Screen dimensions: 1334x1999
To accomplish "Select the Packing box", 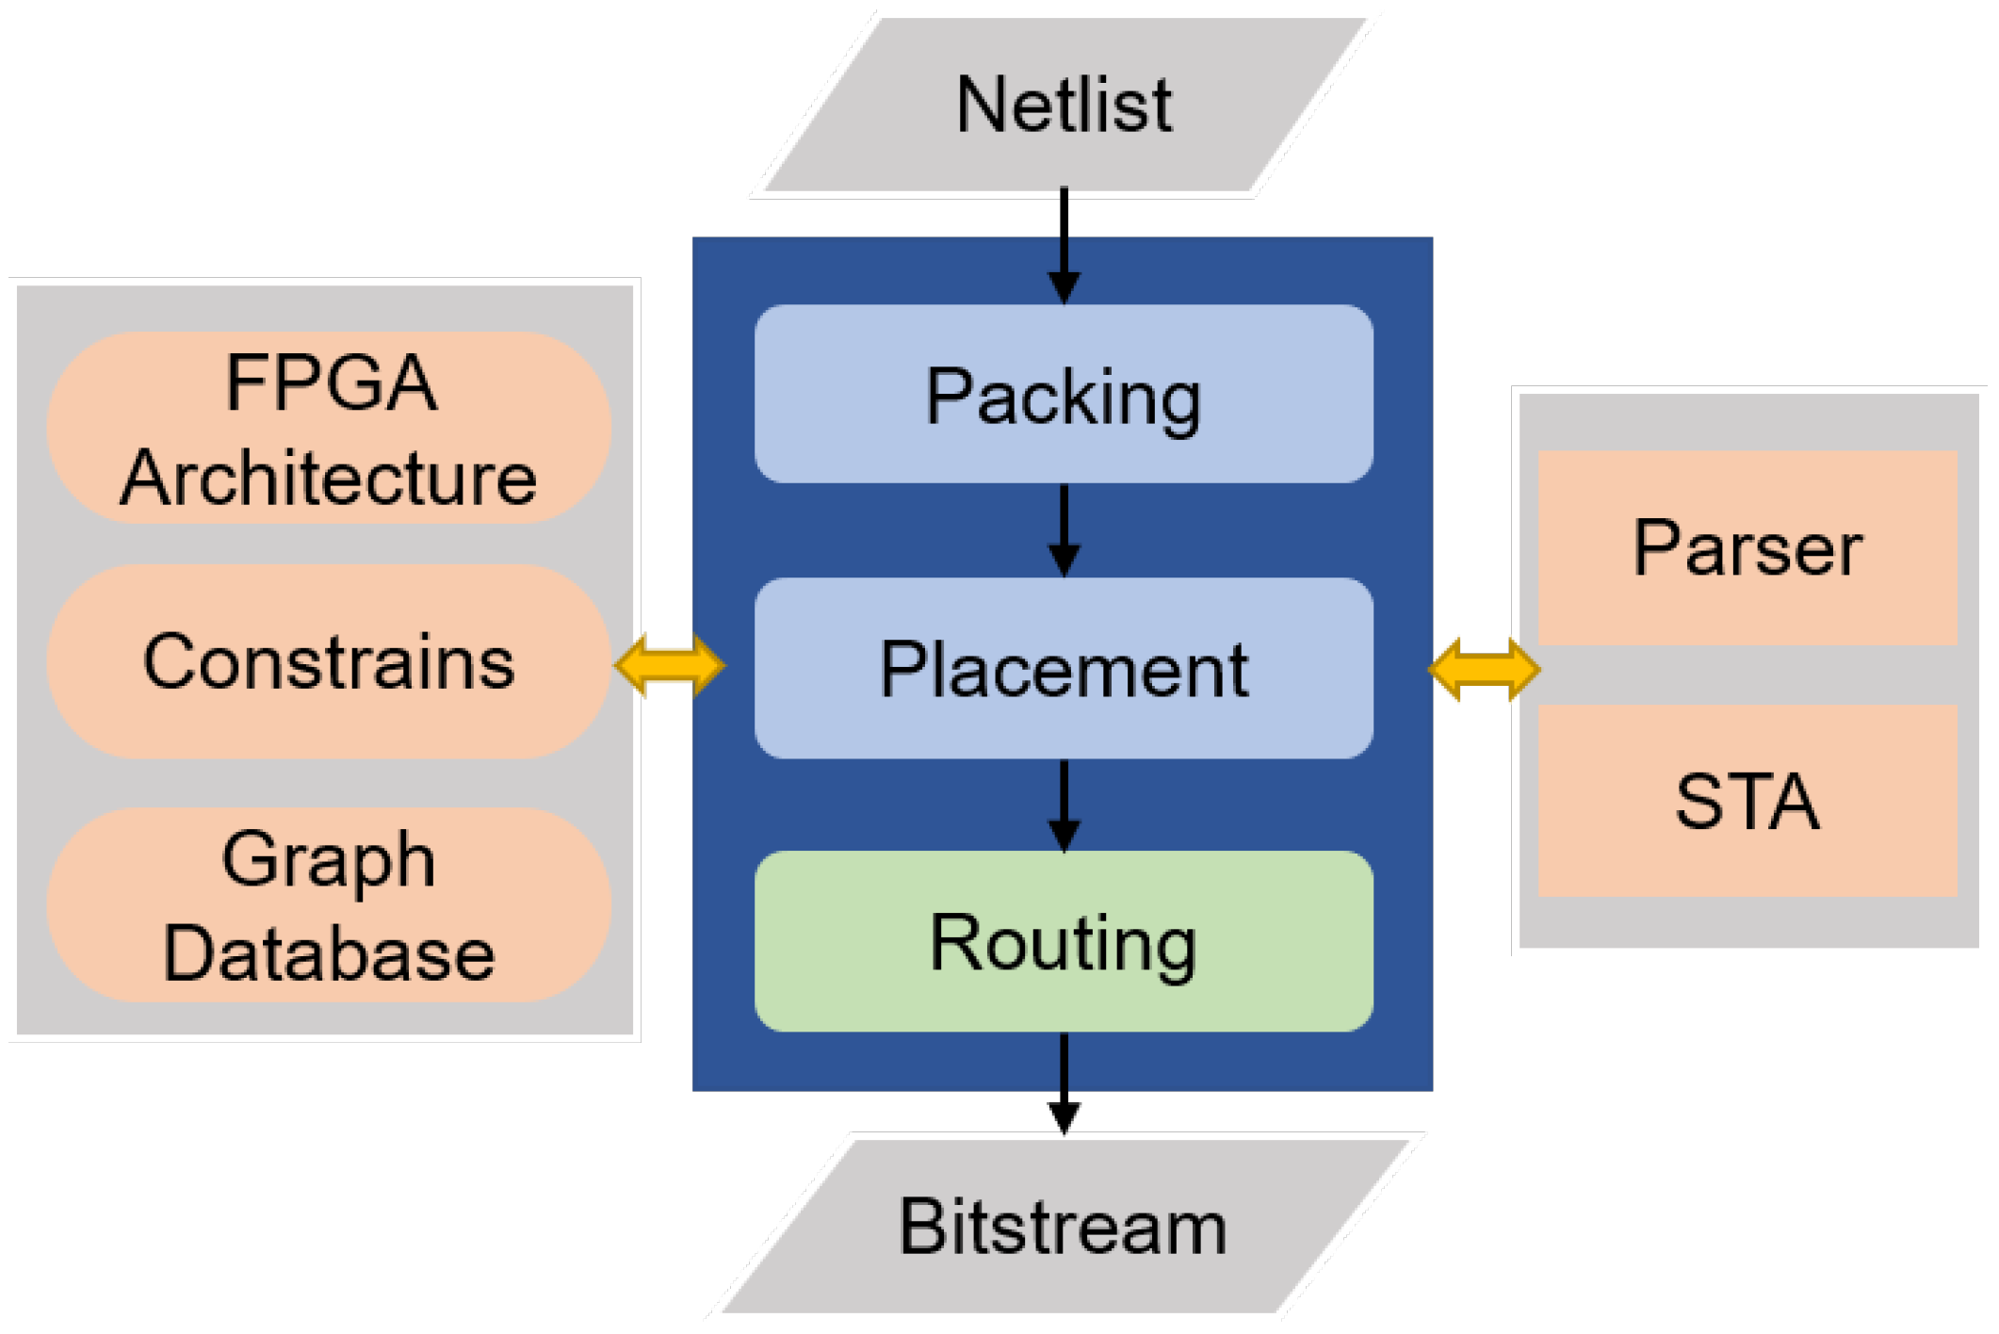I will (1063, 394).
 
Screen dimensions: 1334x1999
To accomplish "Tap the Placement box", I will (1063, 669).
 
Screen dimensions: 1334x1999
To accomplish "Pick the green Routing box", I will (1063, 942).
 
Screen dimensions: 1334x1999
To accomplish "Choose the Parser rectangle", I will (1747, 547).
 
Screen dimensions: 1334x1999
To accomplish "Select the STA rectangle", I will (1747, 801).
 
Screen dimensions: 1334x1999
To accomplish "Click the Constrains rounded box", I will (329, 662).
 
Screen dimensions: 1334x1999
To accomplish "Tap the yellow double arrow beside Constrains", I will (669, 666).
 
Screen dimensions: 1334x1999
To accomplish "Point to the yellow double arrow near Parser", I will (1484, 669).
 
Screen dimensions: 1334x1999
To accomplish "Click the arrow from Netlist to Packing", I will (1064, 245).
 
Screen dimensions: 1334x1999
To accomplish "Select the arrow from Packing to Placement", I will (1064, 529).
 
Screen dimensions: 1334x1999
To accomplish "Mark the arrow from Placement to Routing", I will (1064, 805).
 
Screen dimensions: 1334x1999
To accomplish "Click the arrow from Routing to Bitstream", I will (1064, 1083).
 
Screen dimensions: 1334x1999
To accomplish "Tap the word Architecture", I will (329, 479).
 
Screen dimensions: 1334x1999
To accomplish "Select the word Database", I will (329, 953).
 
